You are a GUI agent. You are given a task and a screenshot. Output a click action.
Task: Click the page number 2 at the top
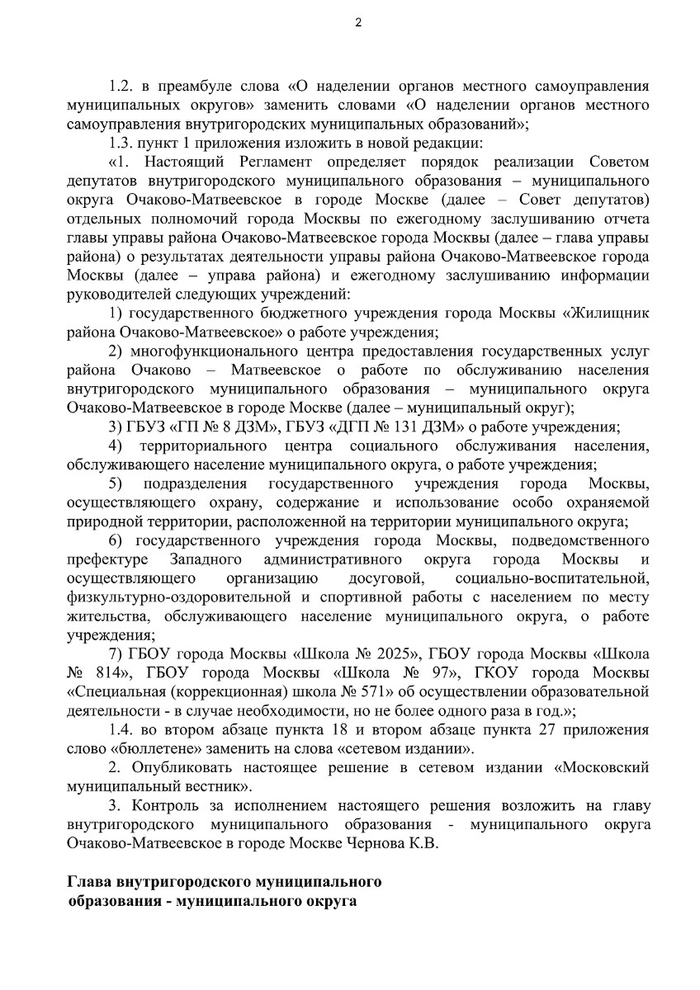click(x=357, y=22)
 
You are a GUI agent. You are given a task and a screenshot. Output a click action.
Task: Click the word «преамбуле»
click(x=183, y=86)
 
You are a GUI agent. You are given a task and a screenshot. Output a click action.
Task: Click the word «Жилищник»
click(x=608, y=313)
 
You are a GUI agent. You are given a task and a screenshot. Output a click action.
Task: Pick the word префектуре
click(x=102, y=559)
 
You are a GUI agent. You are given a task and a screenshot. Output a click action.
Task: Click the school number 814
click(x=111, y=672)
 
